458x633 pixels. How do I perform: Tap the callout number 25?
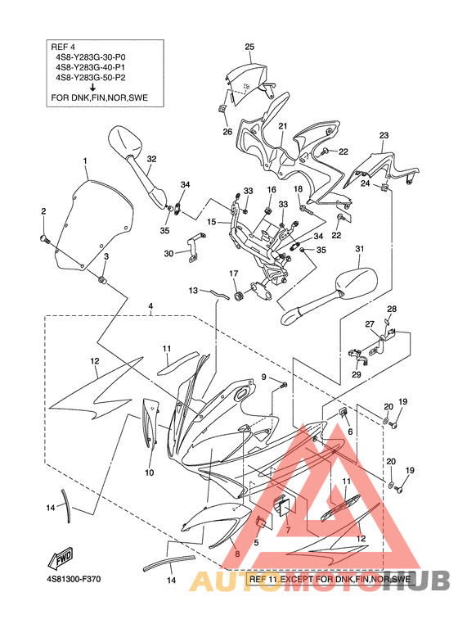pyautogui.click(x=249, y=47)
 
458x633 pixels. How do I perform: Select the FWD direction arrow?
pyautogui.click(x=61, y=558)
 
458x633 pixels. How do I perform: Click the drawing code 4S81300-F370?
pyautogui.click(x=73, y=579)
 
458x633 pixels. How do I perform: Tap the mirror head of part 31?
pyautogui.click(x=357, y=283)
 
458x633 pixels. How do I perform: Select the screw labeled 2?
pyautogui.click(x=43, y=238)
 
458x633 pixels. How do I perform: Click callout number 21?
pyautogui.click(x=283, y=126)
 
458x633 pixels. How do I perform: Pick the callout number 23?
pyautogui.click(x=384, y=136)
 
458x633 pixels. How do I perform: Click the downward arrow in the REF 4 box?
pyautogui.click(x=93, y=87)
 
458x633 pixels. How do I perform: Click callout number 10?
pyautogui.click(x=150, y=472)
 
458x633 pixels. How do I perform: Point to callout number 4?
pyautogui.click(x=150, y=306)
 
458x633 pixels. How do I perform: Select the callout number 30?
pyautogui.click(x=168, y=254)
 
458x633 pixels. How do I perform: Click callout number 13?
pyautogui.click(x=193, y=290)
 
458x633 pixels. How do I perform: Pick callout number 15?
pyautogui.click(x=212, y=222)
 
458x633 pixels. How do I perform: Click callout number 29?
pyautogui.click(x=357, y=374)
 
